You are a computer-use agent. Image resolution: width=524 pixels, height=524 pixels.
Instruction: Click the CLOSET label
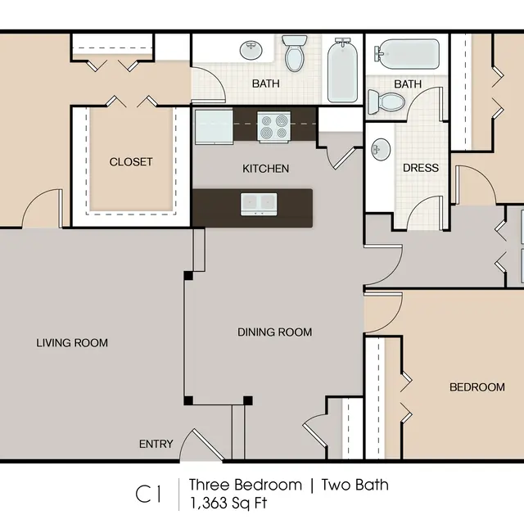point(131,162)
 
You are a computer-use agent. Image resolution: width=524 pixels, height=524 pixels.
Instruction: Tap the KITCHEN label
point(265,169)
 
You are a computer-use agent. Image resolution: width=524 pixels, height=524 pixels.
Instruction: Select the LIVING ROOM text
point(72,342)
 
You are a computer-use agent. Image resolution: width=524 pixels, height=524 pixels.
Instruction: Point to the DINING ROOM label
point(274,332)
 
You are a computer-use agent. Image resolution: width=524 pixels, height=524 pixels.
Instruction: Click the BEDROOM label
point(477,387)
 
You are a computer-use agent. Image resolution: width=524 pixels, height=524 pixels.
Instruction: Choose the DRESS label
point(420,168)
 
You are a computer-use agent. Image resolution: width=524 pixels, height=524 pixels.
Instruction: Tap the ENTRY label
point(156,444)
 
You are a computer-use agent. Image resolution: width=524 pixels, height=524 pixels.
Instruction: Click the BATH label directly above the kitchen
point(265,84)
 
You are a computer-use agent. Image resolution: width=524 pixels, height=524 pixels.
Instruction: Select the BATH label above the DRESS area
point(407,84)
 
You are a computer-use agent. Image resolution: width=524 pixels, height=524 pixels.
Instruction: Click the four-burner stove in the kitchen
point(274,127)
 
